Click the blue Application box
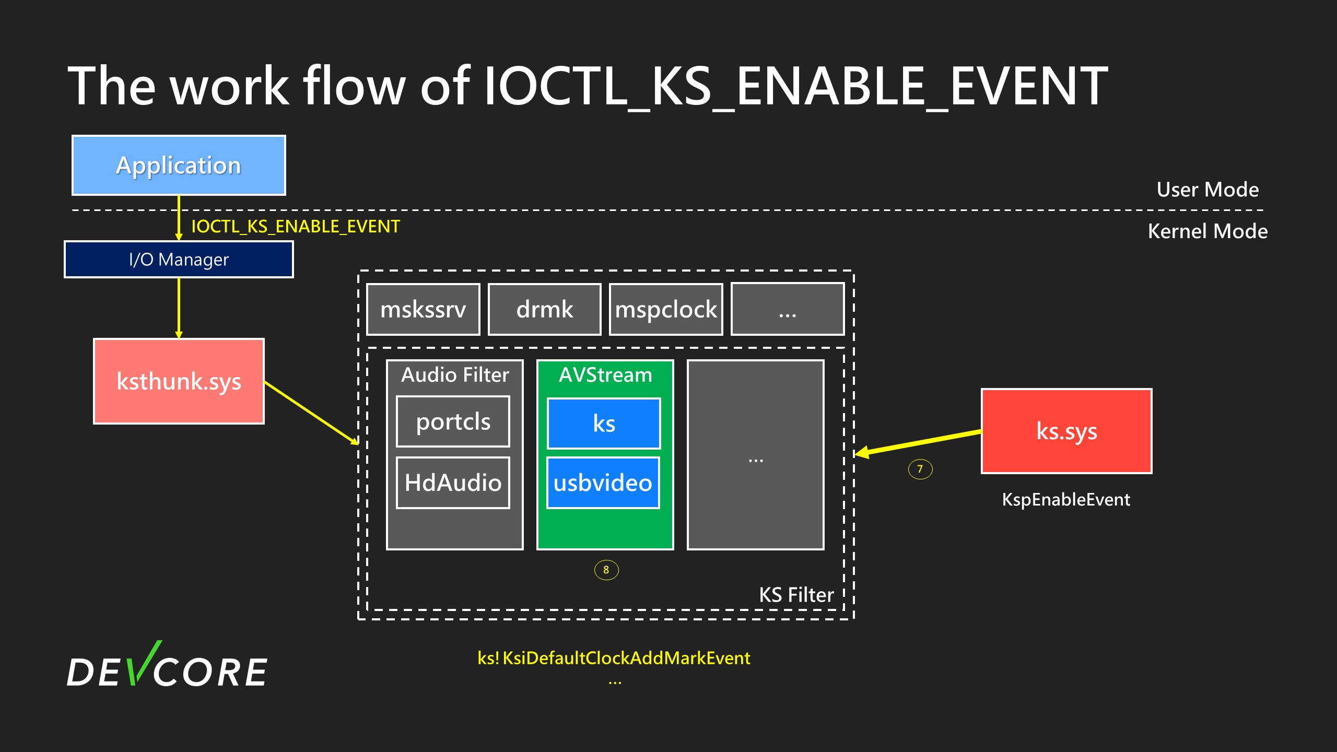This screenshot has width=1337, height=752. (179, 165)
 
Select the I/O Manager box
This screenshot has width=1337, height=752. (179, 259)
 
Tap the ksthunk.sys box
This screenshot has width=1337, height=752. (179, 381)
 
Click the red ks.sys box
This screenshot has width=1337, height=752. (1066, 431)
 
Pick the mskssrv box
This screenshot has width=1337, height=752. (423, 309)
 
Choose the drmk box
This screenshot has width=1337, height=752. (544, 309)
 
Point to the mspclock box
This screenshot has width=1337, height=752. (666, 309)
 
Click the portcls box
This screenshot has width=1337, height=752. (453, 421)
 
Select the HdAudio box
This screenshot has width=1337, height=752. (453, 483)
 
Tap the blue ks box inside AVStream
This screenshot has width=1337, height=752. (604, 424)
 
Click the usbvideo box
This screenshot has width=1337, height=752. (603, 483)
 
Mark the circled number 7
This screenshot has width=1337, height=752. (920, 469)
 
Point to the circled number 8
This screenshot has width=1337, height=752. (606, 570)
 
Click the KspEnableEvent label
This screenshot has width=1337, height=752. (1066, 500)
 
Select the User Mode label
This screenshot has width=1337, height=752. (1207, 190)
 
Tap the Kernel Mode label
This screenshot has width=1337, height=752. (1207, 231)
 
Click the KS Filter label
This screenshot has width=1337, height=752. (796, 595)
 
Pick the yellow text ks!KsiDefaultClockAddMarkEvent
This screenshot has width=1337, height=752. (614, 658)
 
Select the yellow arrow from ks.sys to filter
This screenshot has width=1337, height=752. (919, 442)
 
